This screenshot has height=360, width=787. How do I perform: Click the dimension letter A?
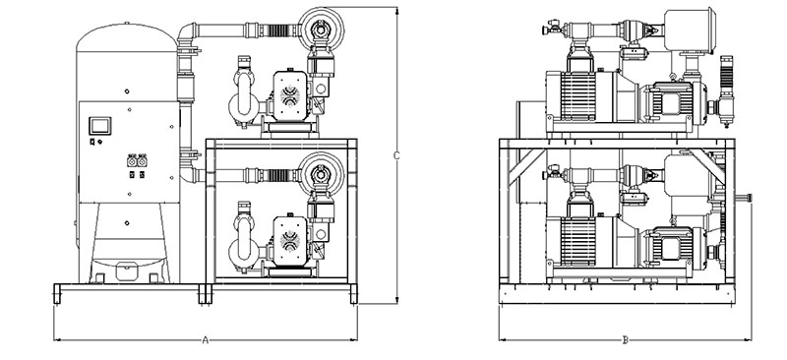click(205, 340)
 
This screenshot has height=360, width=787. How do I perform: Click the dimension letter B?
click(626, 340)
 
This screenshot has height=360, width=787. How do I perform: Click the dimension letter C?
click(396, 155)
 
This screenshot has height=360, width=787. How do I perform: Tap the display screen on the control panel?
click(100, 126)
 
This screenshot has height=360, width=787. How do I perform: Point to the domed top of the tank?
click(127, 37)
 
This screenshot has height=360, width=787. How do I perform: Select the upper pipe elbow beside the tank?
click(186, 34)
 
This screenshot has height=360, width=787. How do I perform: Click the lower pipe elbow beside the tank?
click(189, 174)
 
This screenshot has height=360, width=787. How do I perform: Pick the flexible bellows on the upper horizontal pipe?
click(277, 30)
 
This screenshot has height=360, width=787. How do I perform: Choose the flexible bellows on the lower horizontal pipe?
click(277, 175)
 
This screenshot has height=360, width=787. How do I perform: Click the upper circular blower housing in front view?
click(322, 29)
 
